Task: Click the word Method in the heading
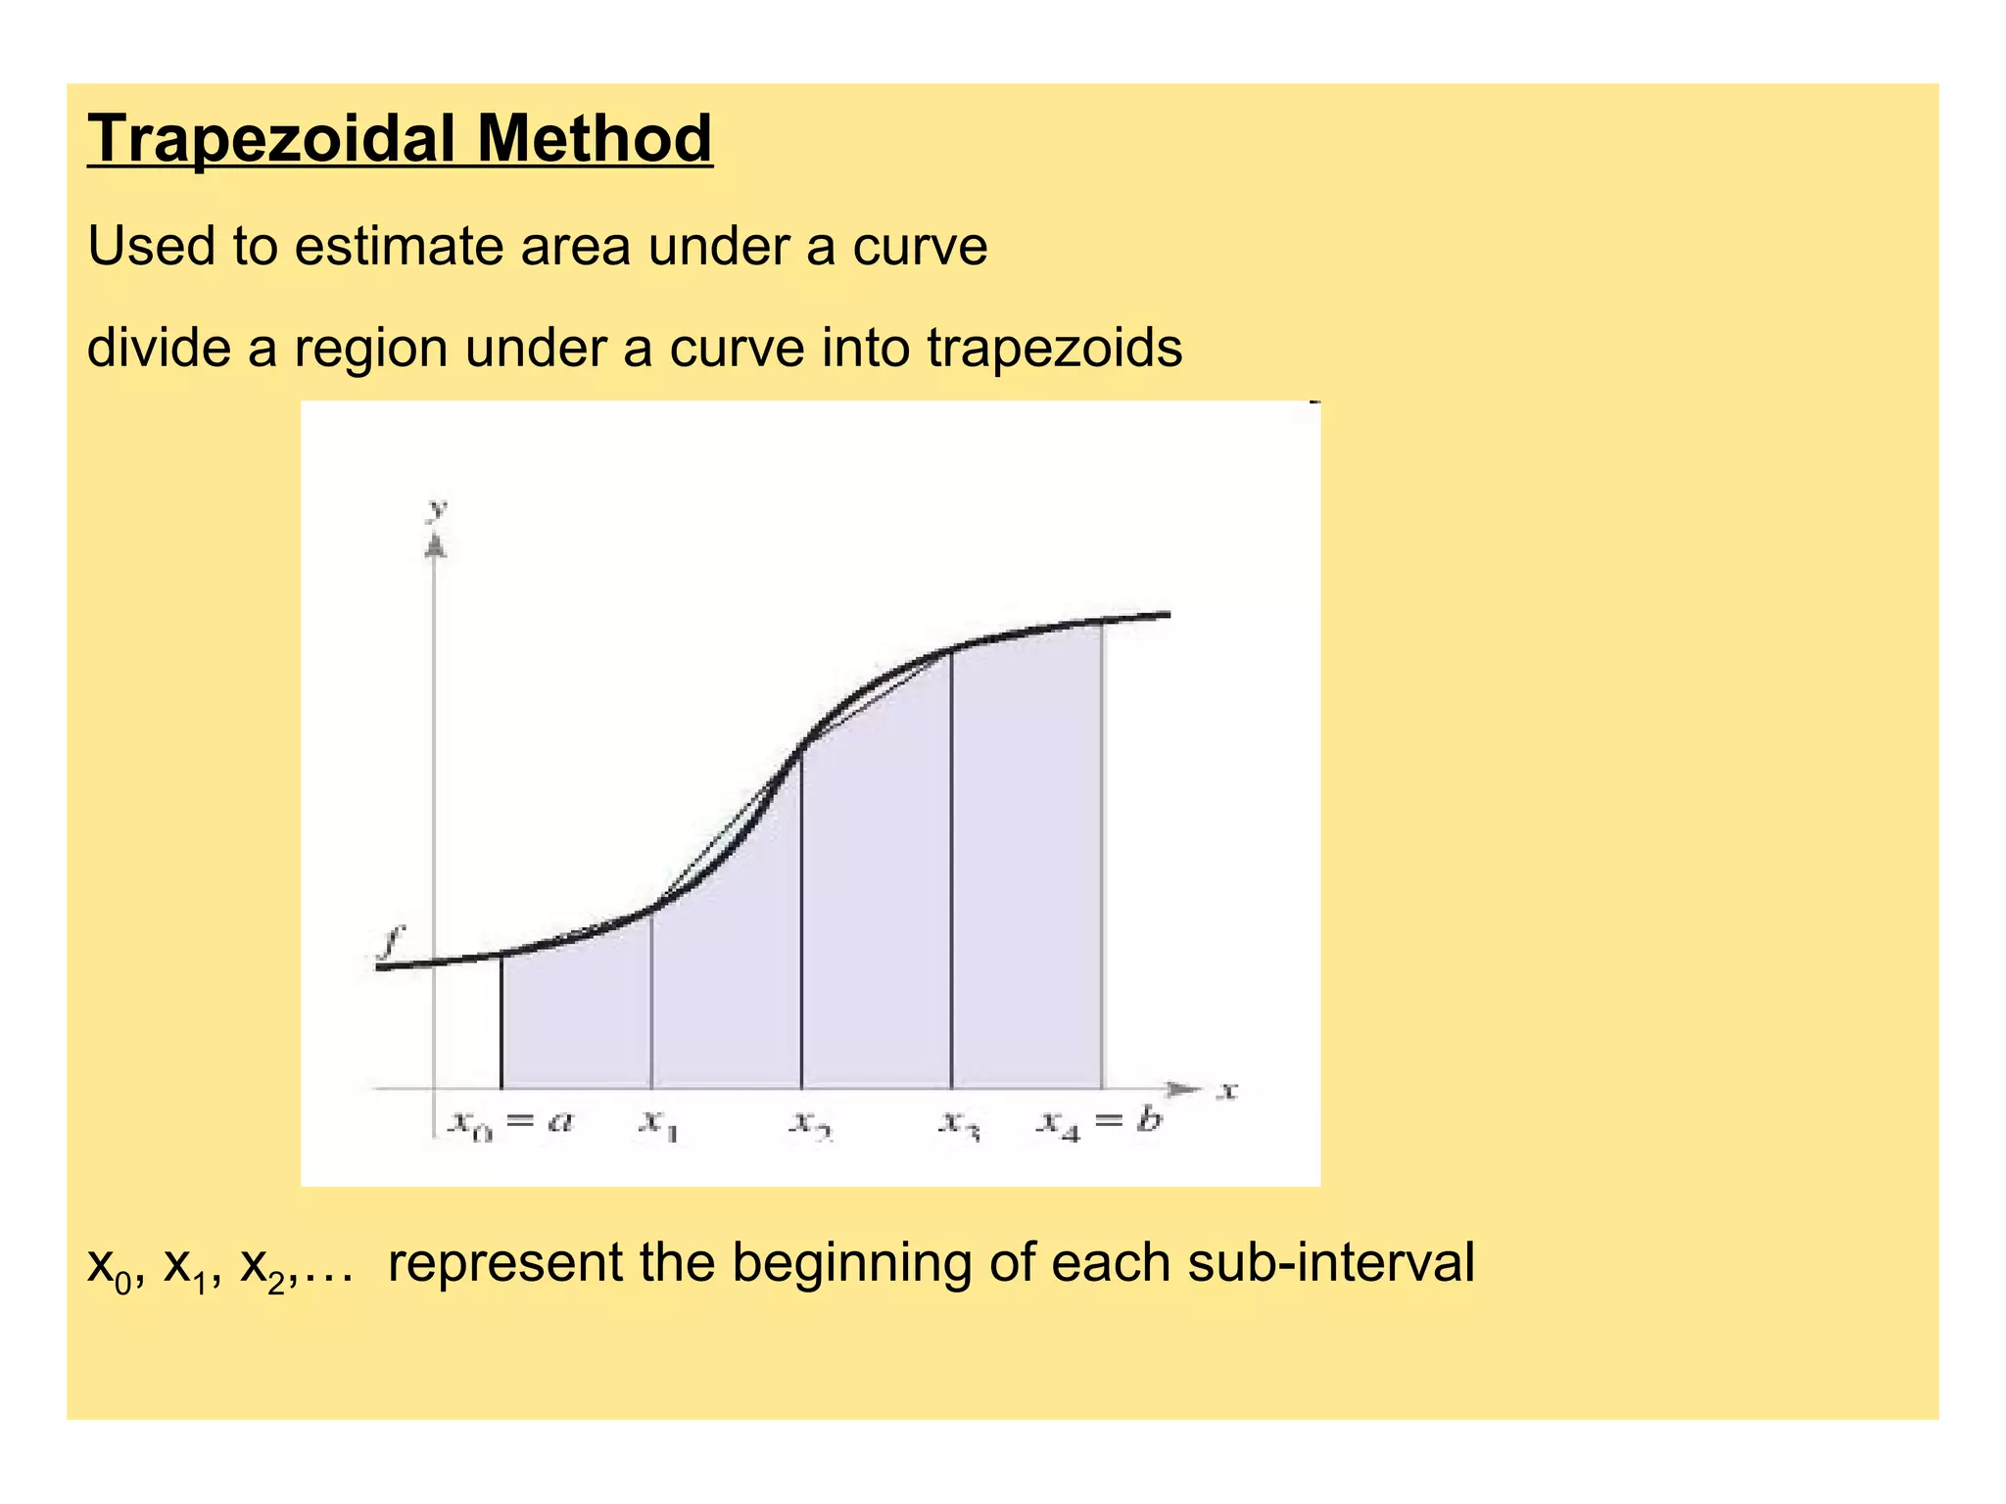[x=595, y=139]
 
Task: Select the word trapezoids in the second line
[x=1054, y=348]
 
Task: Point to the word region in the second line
[x=371, y=350]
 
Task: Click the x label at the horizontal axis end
[x=1227, y=1090]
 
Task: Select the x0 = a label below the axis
[x=510, y=1122]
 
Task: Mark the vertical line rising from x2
[x=801, y=920]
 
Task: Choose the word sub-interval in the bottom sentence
[x=1330, y=1262]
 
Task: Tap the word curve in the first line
[x=919, y=246]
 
